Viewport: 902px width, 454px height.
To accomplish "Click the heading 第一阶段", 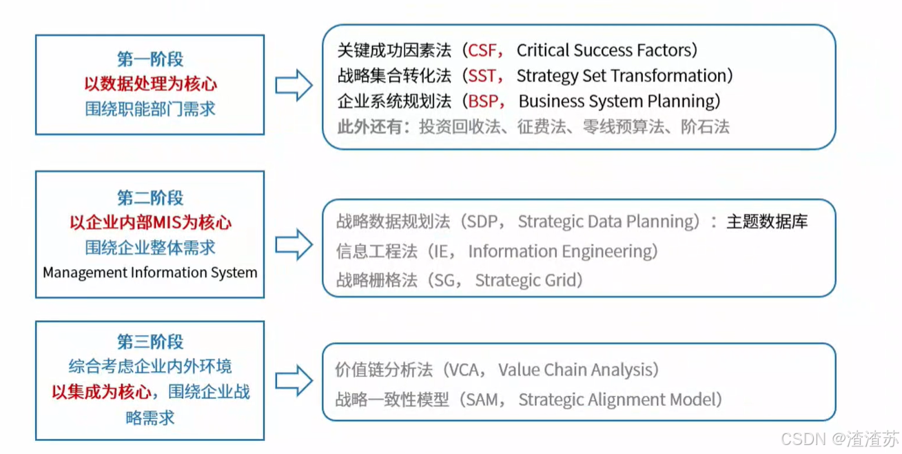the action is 150,59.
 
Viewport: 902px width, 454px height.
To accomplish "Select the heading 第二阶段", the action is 150,198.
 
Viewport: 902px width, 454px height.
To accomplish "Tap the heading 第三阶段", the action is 150,342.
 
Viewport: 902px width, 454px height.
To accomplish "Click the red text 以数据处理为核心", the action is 150,84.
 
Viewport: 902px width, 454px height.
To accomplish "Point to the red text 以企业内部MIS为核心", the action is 150,222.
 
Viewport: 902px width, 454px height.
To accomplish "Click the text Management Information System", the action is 150,273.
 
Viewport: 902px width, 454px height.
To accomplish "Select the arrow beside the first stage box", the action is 294,86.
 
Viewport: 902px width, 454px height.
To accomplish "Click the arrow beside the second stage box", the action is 294,246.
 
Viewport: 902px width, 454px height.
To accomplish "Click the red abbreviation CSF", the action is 482,50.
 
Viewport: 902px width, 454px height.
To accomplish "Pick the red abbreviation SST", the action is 482,76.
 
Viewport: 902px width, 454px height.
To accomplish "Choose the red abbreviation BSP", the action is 483,101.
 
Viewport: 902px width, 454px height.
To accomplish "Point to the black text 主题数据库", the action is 767,221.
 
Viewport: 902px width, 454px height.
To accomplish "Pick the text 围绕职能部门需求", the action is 150,109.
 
